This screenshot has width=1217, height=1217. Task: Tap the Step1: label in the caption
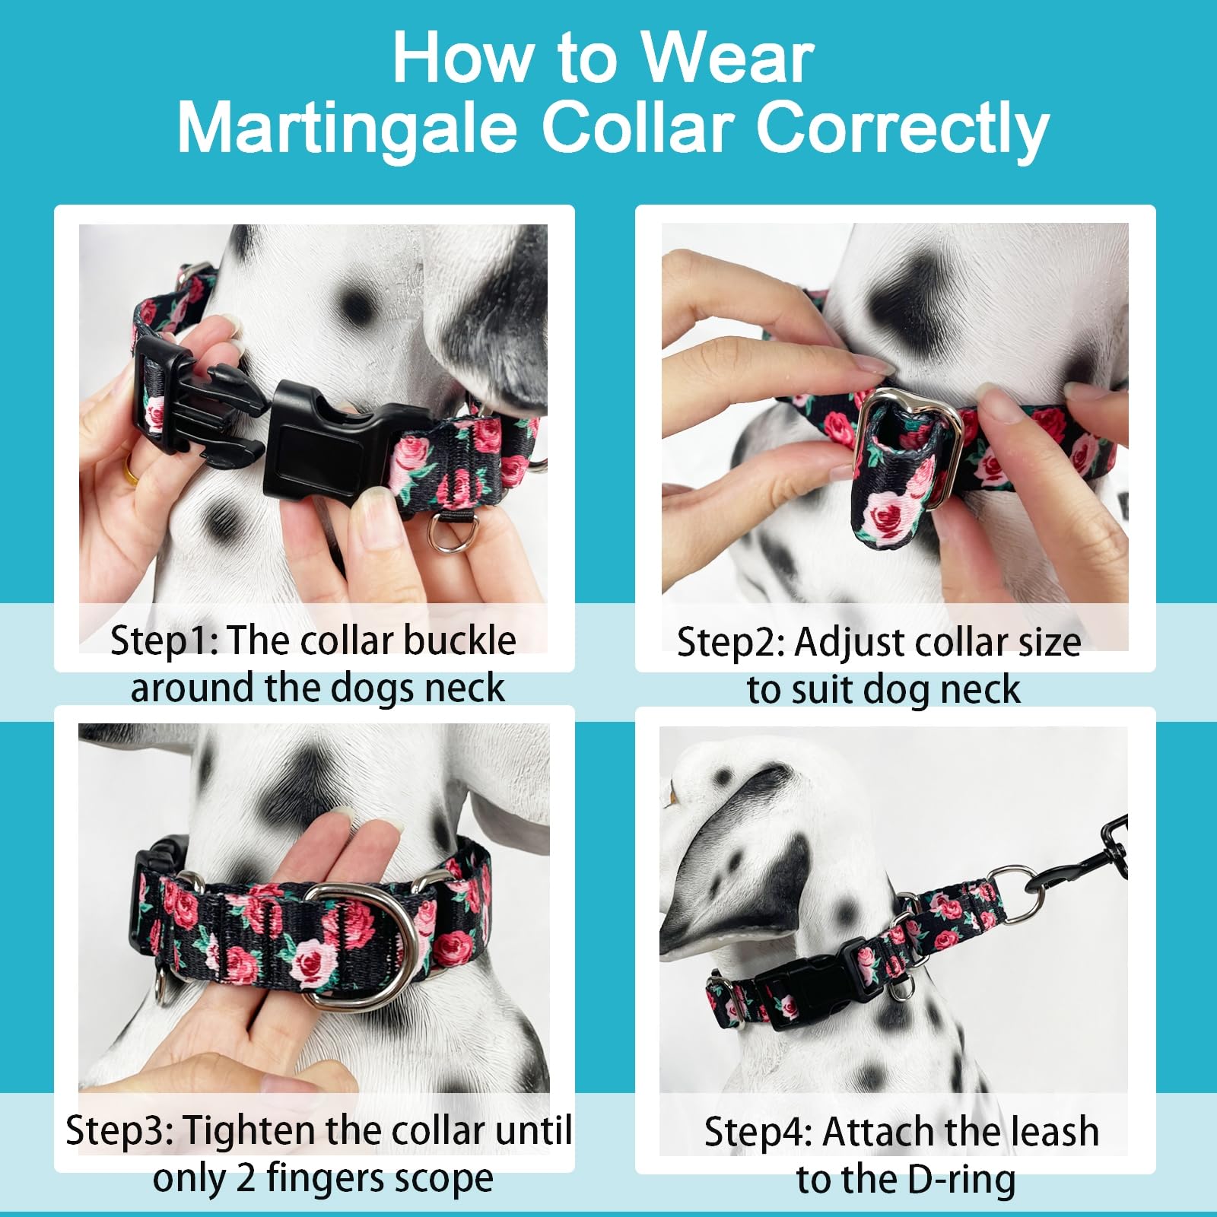164,640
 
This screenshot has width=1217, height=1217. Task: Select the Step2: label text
729,643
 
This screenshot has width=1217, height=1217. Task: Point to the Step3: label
119,1131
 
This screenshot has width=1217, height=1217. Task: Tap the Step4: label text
758,1132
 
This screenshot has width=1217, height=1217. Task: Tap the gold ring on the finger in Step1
132,477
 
